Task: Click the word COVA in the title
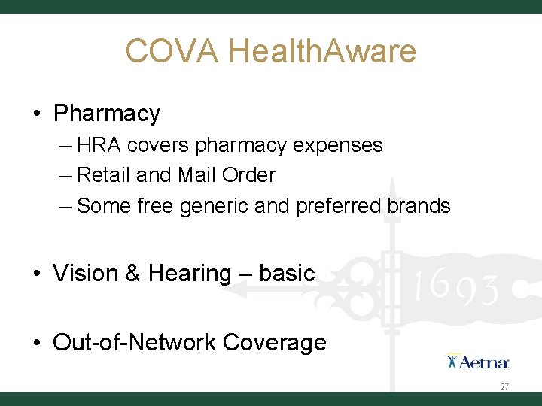pos(172,52)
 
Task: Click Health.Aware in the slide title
pos(321,52)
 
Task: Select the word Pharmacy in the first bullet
pos(107,114)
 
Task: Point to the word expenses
pos(343,144)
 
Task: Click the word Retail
pos(103,175)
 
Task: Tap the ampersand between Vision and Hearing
pos(133,273)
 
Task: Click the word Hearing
pos(190,273)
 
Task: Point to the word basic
pos(287,273)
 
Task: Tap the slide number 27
pos(504,386)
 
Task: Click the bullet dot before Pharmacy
pos(37,114)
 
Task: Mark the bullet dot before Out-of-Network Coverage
pos(37,344)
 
